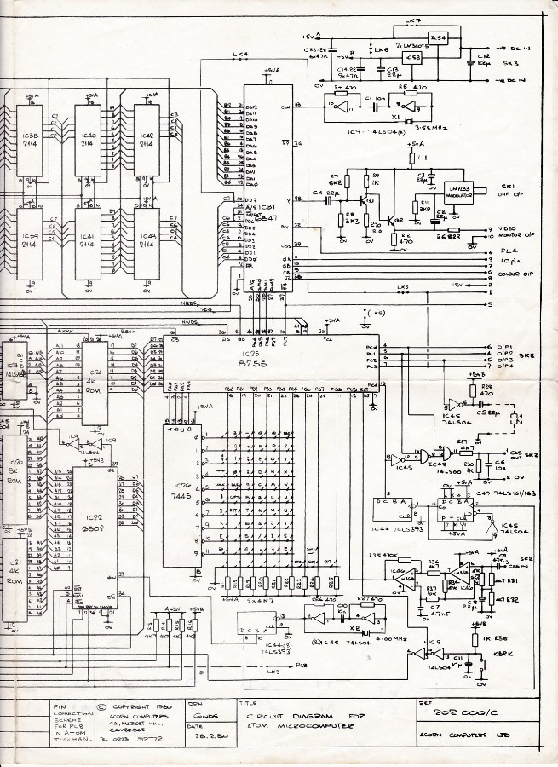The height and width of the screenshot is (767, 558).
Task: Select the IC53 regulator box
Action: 413,58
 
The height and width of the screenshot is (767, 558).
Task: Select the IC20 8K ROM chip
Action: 14,475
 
